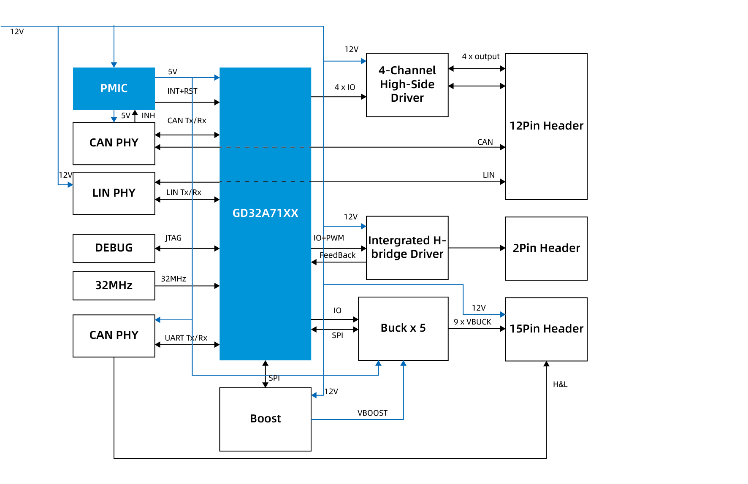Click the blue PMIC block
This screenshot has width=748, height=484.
114,89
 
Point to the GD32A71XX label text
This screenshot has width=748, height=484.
265,213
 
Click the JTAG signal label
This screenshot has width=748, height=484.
173,238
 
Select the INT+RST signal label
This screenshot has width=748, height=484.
182,91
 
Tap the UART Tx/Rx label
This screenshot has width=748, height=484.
186,338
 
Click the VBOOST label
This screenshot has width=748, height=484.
372,413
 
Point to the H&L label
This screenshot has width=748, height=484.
560,384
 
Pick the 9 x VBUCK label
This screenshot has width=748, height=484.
472,322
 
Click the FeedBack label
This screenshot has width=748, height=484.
337,255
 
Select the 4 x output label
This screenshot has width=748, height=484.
480,57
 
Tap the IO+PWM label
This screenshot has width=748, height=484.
328,238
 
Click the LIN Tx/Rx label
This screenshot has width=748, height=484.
184,192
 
